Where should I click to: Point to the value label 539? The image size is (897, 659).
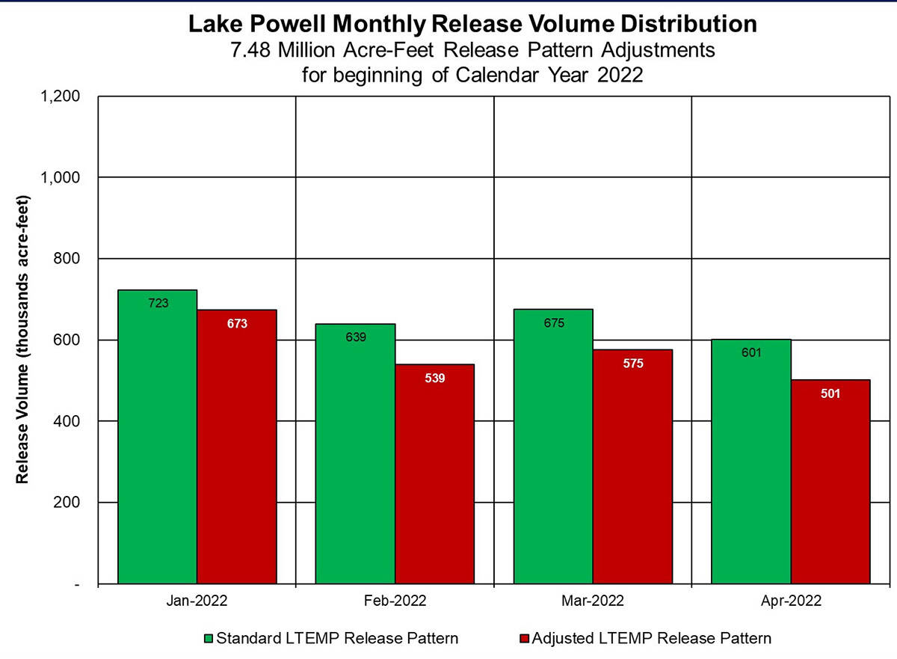click(434, 378)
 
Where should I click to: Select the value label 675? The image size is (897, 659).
click(554, 323)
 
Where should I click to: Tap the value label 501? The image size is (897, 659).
click(830, 393)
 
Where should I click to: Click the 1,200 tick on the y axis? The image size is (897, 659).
click(64, 96)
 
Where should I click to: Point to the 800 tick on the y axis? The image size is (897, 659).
click(70, 259)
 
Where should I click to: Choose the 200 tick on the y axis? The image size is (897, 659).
click(70, 503)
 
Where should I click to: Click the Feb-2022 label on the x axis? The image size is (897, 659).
click(395, 601)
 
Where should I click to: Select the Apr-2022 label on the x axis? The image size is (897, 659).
click(791, 601)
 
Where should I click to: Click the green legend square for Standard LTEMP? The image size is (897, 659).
click(209, 638)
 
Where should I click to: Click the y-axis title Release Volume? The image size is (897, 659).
click(23, 340)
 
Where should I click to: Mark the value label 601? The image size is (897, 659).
click(751, 352)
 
